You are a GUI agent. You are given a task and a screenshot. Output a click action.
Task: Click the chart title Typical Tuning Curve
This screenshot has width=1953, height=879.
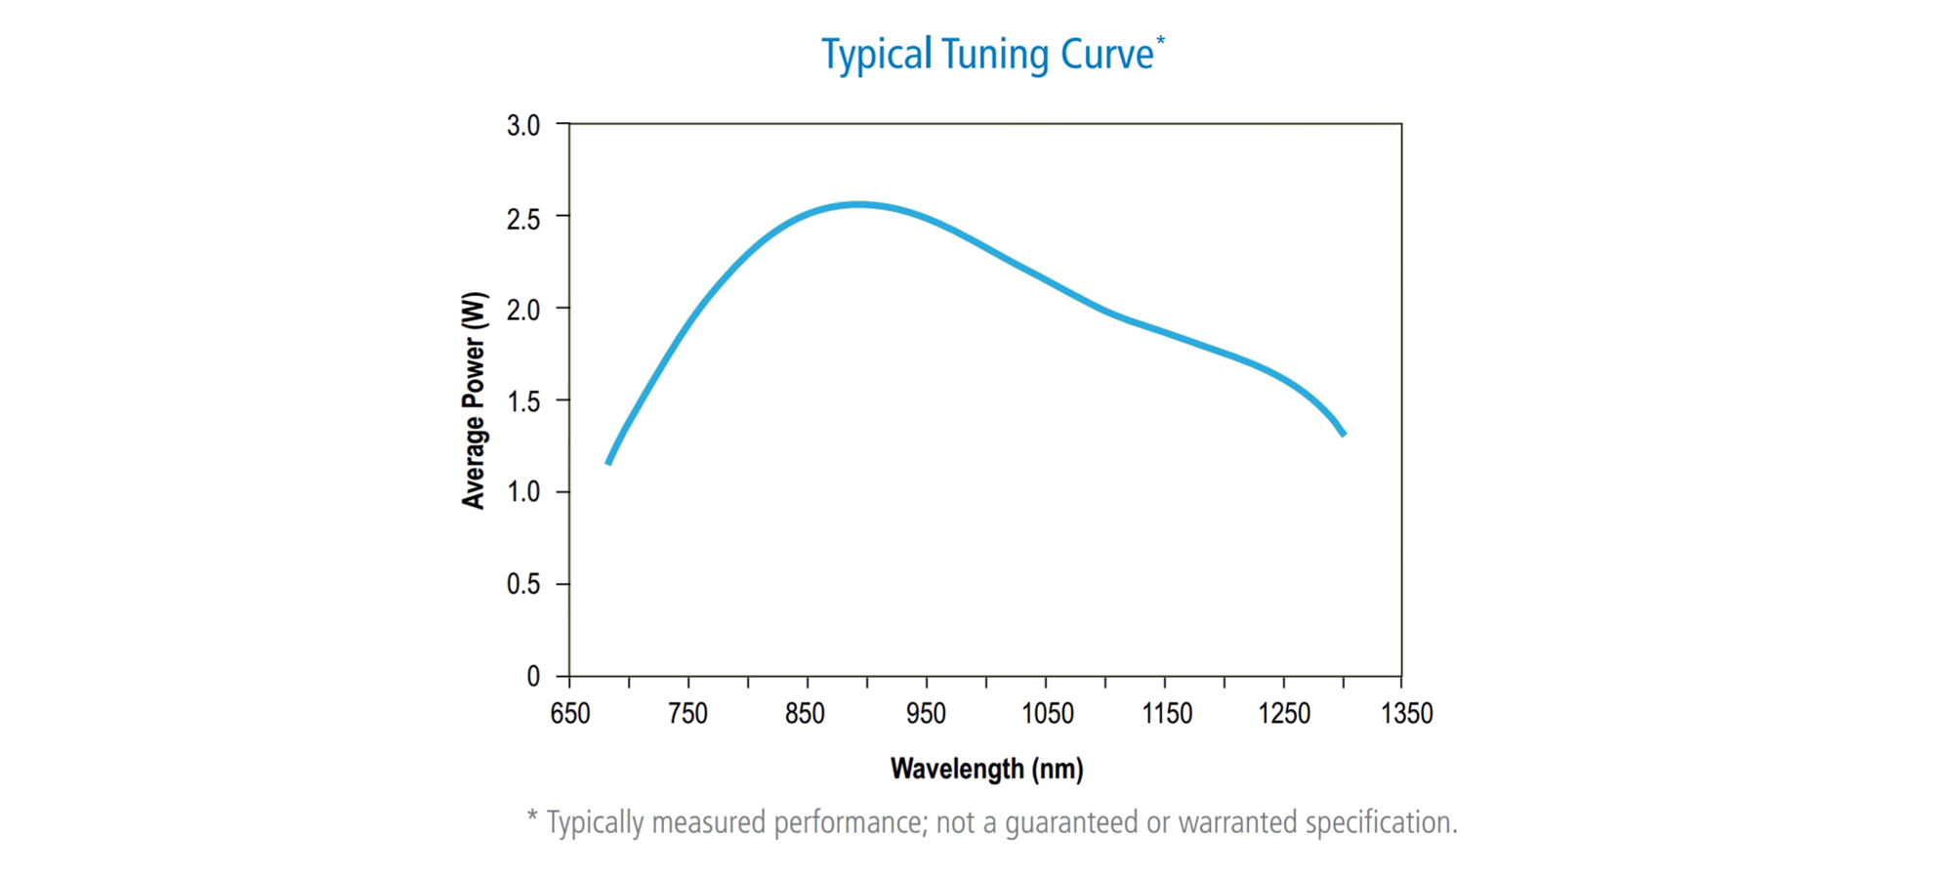point(987,55)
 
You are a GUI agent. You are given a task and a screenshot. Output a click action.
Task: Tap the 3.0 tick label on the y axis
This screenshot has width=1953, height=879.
point(523,125)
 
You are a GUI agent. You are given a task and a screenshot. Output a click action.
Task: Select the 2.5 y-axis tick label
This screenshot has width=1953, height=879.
point(523,219)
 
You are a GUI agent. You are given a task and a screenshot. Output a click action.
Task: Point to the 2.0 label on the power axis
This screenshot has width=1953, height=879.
point(523,310)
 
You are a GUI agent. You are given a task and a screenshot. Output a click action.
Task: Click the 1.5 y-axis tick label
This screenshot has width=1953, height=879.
point(523,401)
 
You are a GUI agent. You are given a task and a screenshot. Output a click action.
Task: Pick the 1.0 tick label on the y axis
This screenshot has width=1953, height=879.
point(523,492)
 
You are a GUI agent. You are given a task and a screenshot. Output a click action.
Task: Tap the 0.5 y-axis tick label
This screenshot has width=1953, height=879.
point(523,584)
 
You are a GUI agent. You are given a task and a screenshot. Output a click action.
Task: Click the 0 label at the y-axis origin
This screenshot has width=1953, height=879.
point(533,676)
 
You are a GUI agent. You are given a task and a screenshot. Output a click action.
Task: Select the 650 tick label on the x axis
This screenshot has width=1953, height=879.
point(570,714)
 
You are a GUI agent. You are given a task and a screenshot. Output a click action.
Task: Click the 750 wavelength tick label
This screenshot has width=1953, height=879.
point(688,714)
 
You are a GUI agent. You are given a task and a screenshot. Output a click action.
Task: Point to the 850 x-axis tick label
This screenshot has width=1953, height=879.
point(806,714)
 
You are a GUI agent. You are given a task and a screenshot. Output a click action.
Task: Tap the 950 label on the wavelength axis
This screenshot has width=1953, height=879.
point(926,714)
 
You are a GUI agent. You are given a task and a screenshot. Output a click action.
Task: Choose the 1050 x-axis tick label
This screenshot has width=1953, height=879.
point(1048,714)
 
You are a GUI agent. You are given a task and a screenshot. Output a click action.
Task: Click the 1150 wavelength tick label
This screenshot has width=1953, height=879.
point(1167,714)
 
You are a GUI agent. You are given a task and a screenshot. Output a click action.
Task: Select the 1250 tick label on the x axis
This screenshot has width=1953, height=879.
point(1284,714)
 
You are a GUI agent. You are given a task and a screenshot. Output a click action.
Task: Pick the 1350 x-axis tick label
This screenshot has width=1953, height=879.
point(1407,714)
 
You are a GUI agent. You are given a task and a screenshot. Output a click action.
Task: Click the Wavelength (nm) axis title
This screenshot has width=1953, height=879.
point(986,770)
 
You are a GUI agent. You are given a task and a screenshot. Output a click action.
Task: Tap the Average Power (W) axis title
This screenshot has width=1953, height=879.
point(474,400)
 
